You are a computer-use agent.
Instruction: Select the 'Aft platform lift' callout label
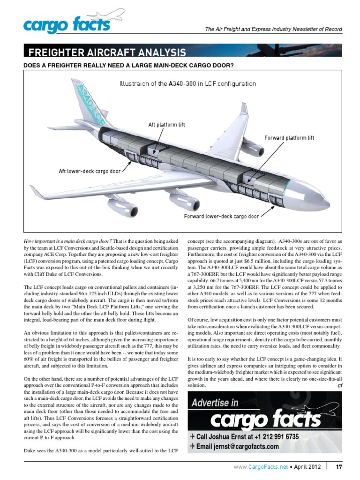pos(166,125)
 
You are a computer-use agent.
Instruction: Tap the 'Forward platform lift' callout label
pos(289,138)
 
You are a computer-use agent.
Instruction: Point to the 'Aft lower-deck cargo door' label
pos(90,171)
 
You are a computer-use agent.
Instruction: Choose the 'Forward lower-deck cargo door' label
pos(221,217)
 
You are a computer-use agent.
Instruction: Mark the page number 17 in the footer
pos(339,466)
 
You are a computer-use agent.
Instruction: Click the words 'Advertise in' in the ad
pos(215,403)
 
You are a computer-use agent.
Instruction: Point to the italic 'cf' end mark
pos(340,385)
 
